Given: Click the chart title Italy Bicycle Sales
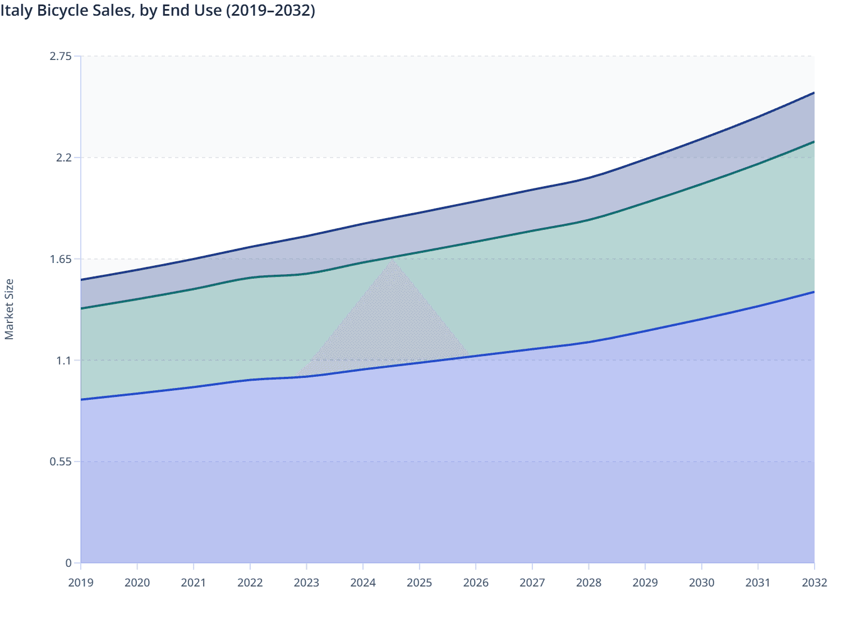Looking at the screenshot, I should [158, 11].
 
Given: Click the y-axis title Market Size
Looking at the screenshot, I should [9, 309].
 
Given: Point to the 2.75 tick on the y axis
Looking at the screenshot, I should [61, 56].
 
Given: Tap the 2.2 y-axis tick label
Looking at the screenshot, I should [64, 158].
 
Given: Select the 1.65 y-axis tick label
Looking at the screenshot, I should [61, 259].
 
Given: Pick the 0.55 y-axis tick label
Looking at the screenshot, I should [61, 462].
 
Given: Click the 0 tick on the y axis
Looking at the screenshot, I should [68, 563].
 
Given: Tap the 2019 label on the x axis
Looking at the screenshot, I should [81, 583].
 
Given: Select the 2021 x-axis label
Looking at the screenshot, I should [194, 583].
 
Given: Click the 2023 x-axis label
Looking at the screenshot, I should [306, 583].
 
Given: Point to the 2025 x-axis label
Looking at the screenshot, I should [419, 583].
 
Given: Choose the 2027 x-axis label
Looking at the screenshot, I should [532, 583].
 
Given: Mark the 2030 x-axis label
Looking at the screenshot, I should [701, 583].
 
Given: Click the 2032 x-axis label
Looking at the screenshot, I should [814, 583].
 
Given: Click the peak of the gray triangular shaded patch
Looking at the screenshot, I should [394, 259].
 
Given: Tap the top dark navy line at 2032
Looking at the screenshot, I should [813, 93].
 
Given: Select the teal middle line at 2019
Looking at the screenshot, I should [82, 308].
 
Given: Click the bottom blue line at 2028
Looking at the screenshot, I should [588, 342].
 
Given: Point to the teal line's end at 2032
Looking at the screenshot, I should [813, 142].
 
